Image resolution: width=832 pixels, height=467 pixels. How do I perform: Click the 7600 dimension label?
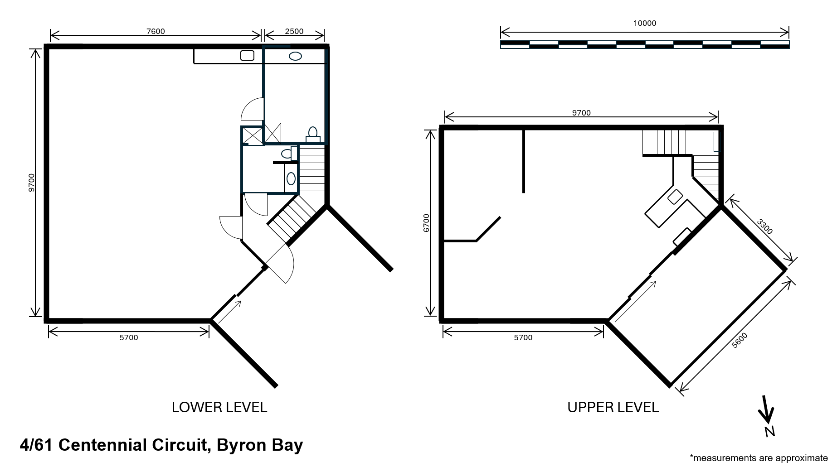(x=156, y=31)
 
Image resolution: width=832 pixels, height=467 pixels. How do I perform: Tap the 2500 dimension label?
(x=294, y=31)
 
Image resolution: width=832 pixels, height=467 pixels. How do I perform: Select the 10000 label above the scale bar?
(x=645, y=23)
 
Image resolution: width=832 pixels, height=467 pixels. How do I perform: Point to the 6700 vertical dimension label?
(x=426, y=223)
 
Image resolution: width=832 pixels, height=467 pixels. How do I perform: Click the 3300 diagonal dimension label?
(x=764, y=226)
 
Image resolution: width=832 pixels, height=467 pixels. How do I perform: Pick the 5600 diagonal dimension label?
(x=740, y=341)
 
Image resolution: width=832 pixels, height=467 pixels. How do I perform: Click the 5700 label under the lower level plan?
(x=129, y=337)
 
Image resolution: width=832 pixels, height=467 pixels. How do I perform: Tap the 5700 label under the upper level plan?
(x=523, y=337)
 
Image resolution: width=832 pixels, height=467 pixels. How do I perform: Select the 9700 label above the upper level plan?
(x=581, y=113)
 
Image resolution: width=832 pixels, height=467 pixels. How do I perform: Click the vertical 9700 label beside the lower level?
(x=31, y=183)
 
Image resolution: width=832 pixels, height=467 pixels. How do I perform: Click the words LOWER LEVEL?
(x=219, y=407)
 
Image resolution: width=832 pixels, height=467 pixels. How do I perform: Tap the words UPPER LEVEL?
(x=613, y=407)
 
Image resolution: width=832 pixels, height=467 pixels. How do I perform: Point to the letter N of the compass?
(x=769, y=432)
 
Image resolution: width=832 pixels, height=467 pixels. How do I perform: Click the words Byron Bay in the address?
(x=260, y=445)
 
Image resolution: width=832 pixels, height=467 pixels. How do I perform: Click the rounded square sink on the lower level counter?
(x=247, y=56)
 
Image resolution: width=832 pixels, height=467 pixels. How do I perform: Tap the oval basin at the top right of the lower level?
(x=296, y=56)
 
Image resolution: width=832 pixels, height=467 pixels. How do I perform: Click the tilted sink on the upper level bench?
(x=675, y=197)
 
